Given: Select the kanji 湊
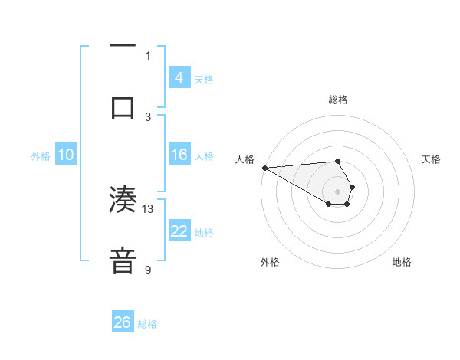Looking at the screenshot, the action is click(x=123, y=200).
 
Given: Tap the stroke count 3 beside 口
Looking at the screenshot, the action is click(x=148, y=116).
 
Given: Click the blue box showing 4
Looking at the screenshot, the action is click(x=179, y=77).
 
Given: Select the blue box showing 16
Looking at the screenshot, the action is click(x=179, y=155).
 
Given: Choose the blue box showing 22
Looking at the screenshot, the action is click(x=179, y=231).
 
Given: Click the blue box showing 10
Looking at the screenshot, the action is click(x=66, y=155).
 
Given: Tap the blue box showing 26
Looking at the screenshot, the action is click(x=122, y=322).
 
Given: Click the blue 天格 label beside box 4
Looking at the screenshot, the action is click(x=204, y=79).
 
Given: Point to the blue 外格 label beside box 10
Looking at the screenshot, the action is click(x=41, y=156).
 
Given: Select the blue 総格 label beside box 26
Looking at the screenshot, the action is click(x=147, y=324).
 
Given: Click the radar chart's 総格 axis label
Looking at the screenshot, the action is click(x=337, y=100).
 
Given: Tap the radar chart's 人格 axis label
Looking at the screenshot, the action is click(x=245, y=159).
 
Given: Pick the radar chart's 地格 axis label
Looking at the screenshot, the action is click(x=402, y=262).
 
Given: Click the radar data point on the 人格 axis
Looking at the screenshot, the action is click(x=264, y=168).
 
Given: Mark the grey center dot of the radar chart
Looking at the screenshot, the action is click(x=337, y=191).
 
